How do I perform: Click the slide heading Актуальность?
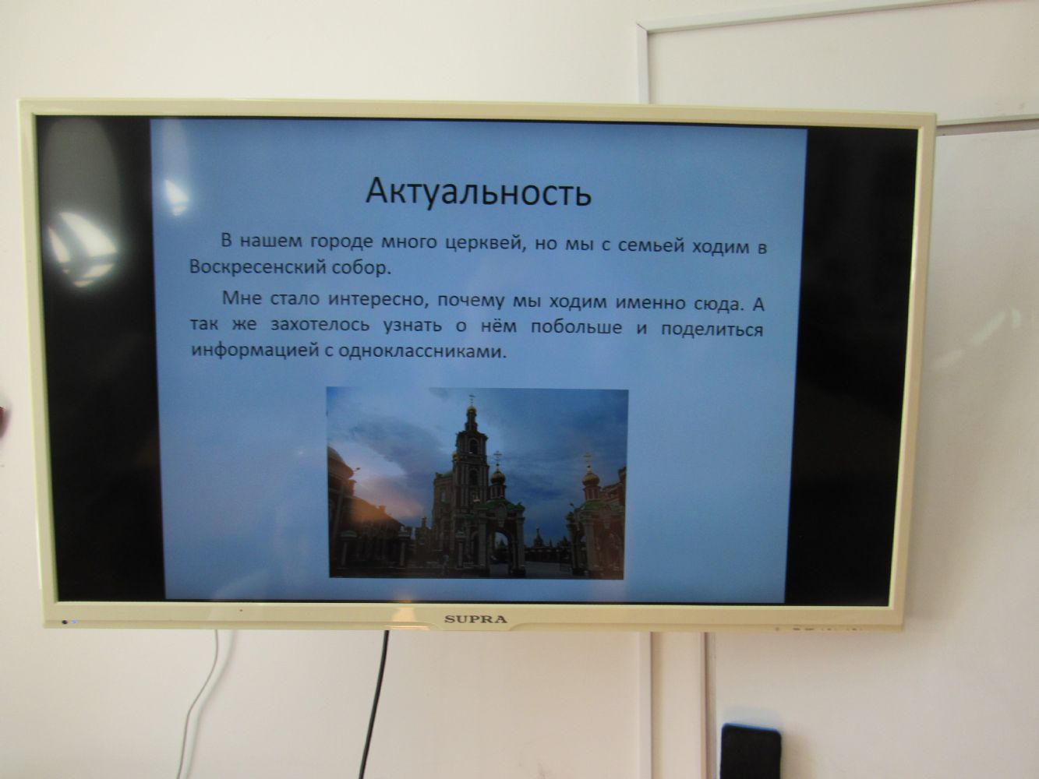tap(479, 192)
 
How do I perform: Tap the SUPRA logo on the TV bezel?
tap(475, 619)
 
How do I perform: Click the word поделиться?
tap(712, 329)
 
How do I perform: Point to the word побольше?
tap(576, 327)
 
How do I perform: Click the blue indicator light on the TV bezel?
tap(74, 622)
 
